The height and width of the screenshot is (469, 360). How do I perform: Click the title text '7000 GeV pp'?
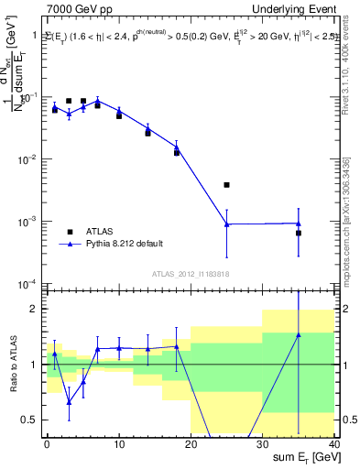coord(77,8)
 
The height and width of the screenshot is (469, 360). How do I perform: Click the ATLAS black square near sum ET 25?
coord(226,185)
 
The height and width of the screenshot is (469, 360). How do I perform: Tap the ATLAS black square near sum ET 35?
coord(299,233)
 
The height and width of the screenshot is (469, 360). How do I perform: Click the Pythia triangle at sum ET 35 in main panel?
coord(299,224)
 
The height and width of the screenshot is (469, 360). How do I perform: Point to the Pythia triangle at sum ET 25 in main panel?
coord(226,224)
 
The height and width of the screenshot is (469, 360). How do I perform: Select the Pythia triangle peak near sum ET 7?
coord(98,101)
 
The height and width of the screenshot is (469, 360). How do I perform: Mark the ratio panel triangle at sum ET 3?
coord(69,401)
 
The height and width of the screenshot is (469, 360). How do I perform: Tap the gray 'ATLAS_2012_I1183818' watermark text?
coord(191,274)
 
